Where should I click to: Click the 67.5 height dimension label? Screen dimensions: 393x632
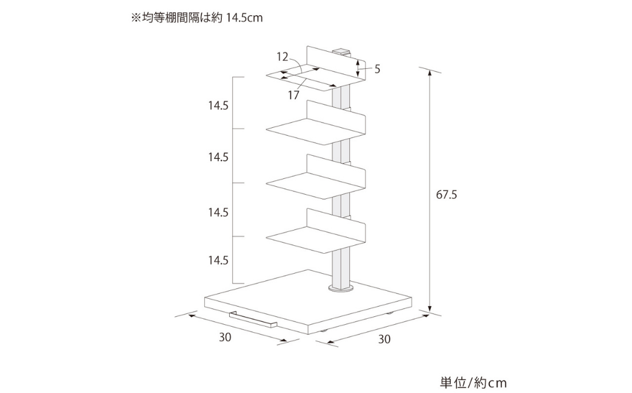447,195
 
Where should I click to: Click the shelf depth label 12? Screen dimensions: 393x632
282,57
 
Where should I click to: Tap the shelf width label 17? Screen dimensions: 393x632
294,95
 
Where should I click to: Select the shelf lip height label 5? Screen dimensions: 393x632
377,69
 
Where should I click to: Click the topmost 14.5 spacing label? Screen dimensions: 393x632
218,105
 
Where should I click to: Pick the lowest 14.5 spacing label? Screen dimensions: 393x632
218,260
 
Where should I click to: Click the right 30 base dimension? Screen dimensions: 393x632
384,339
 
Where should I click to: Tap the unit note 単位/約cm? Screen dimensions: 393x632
473,383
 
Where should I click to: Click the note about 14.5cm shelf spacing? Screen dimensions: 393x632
197,18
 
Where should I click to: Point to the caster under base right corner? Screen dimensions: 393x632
388,313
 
